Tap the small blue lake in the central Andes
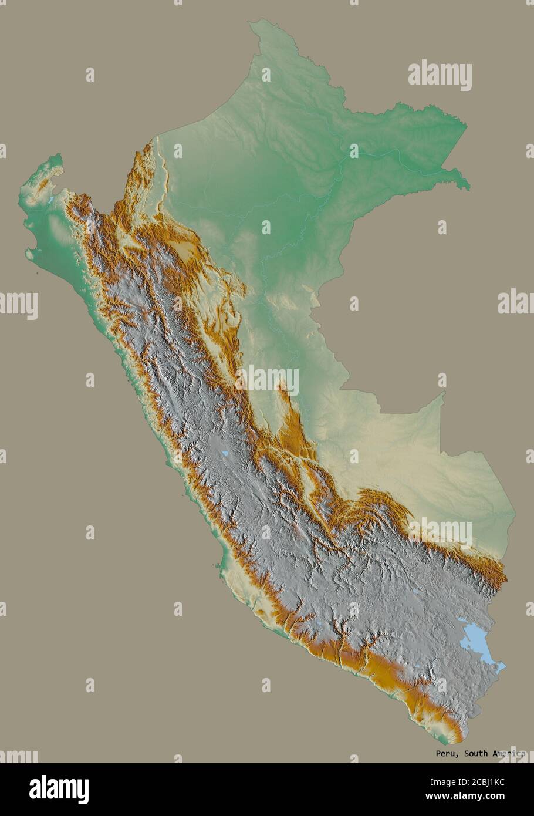pyautogui.click(x=224, y=453)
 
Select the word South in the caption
pyautogui.click(x=475, y=753)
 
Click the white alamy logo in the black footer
pyautogui.click(x=59, y=789)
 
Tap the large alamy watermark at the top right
pyautogui.click(x=440, y=75)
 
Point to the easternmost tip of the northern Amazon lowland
pyautogui.click(x=469, y=188)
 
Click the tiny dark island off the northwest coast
pyautogui.click(x=36, y=273)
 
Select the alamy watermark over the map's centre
pyautogui.click(x=268, y=380)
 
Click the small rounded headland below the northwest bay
pyautogui.click(x=29, y=255)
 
